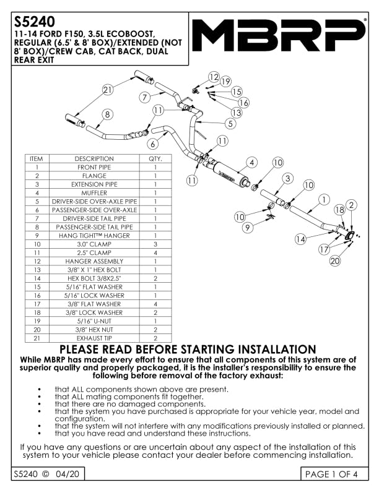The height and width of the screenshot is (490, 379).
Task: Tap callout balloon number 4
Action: click(x=250, y=163)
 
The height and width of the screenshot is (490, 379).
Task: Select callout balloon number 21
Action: click(x=108, y=90)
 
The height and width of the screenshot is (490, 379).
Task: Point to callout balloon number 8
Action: click(x=108, y=114)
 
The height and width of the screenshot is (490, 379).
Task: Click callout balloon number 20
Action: click(x=335, y=261)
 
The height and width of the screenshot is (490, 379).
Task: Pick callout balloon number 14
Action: click(x=300, y=239)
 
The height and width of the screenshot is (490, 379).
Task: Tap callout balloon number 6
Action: click(x=152, y=144)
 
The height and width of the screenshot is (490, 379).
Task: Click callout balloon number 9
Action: click(x=248, y=228)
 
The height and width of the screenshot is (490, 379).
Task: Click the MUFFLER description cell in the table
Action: click(x=94, y=193)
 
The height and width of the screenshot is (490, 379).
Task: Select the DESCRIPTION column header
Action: click(x=94, y=159)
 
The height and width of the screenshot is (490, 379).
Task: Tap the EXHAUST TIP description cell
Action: click(x=94, y=338)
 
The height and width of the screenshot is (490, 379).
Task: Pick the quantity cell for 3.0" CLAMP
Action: click(x=154, y=244)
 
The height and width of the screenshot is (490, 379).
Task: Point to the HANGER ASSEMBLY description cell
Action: click(x=94, y=261)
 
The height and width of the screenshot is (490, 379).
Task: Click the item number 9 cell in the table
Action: click(x=37, y=236)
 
